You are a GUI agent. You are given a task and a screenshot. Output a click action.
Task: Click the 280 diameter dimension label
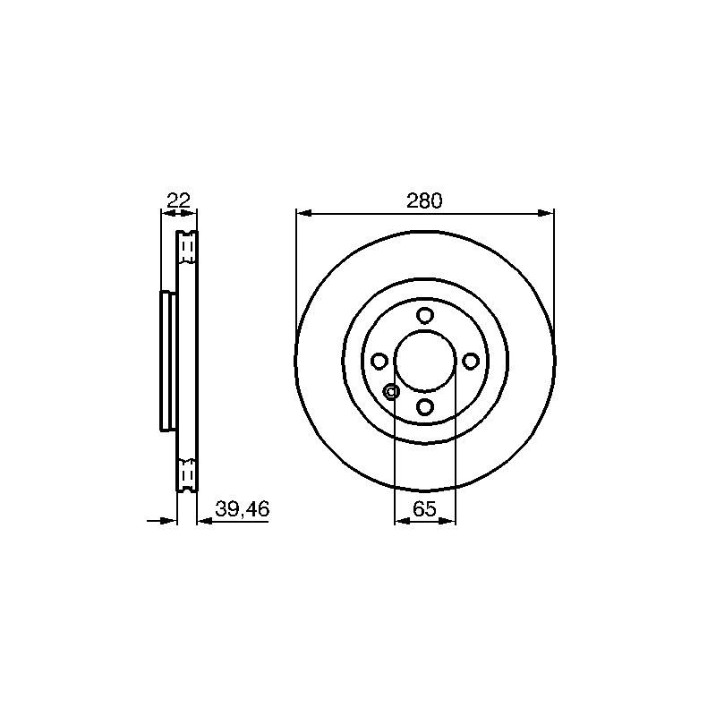424,200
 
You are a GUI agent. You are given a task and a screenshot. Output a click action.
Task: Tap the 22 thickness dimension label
178,200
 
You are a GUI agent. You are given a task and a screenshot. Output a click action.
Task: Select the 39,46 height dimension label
242,508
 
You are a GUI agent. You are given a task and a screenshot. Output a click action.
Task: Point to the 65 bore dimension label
424,508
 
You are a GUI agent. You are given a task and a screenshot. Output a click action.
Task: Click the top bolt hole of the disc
425,315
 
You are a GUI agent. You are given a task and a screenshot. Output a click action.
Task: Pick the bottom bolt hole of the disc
425,406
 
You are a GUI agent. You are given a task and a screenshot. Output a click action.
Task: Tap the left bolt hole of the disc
379,361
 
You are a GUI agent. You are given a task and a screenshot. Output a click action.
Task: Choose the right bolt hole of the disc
471,362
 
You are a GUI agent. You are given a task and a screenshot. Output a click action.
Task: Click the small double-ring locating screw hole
391,391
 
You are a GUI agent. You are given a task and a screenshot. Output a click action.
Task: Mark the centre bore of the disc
425,361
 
